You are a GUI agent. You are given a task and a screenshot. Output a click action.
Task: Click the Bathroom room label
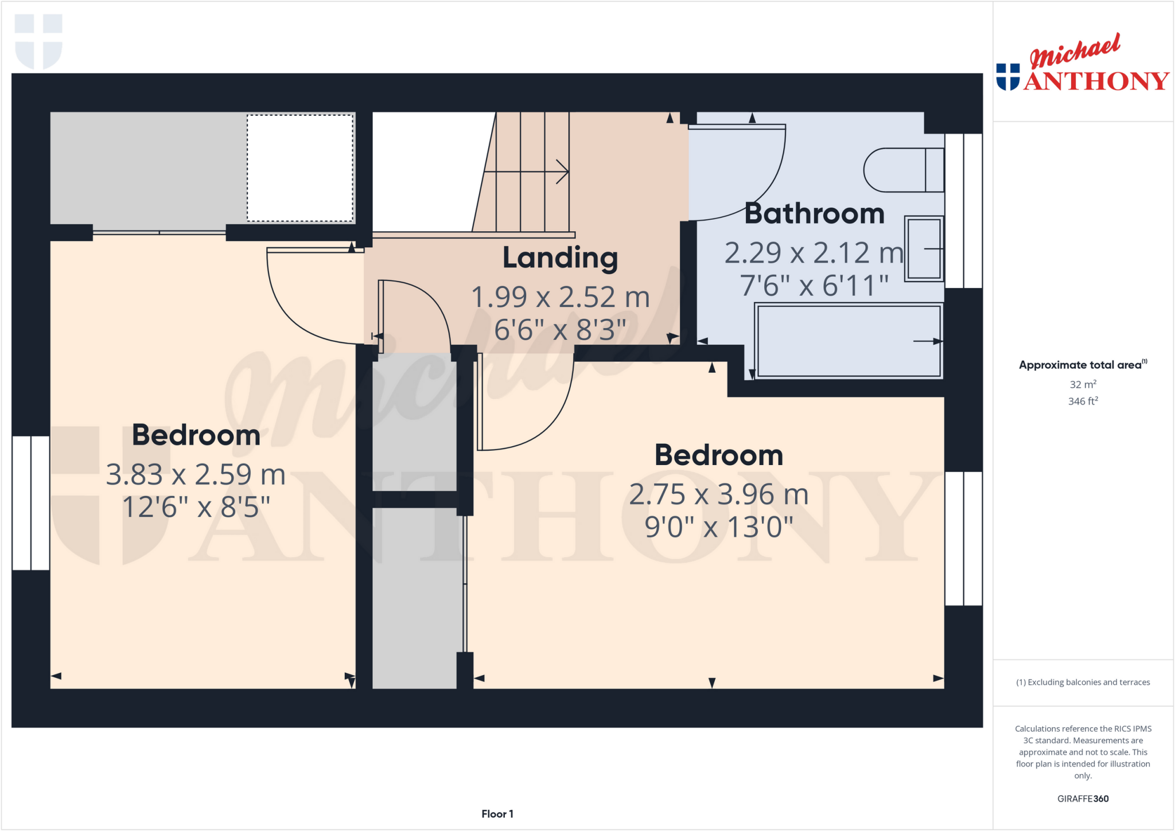[814, 214]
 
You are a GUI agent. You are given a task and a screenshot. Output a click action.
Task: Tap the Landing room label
[560, 258]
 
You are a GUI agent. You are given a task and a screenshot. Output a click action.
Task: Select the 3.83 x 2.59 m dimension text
[196, 475]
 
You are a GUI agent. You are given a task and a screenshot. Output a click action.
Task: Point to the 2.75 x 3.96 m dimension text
[718, 494]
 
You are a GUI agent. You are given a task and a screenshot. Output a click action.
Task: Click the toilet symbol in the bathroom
[903, 170]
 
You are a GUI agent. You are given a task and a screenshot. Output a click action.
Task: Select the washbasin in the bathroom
[924, 248]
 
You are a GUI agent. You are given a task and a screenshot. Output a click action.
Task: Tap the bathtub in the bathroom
[849, 341]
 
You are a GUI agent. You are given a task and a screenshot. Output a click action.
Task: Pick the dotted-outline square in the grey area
[300, 167]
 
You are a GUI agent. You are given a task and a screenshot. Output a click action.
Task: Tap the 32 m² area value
[1083, 384]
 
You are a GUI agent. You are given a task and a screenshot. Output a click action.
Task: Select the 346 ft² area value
[1083, 401]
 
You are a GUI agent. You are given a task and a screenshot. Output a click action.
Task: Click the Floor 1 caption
[497, 814]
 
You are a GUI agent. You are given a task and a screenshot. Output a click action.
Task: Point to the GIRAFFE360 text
[1083, 798]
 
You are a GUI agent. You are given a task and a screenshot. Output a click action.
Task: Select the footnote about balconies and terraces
[1083, 682]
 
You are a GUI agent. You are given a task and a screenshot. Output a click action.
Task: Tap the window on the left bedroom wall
[31, 503]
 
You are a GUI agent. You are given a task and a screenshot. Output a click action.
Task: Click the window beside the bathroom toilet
[963, 210]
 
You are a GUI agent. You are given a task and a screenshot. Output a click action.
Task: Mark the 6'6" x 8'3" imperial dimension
[560, 330]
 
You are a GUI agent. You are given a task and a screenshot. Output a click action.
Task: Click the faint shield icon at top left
[38, 41]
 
